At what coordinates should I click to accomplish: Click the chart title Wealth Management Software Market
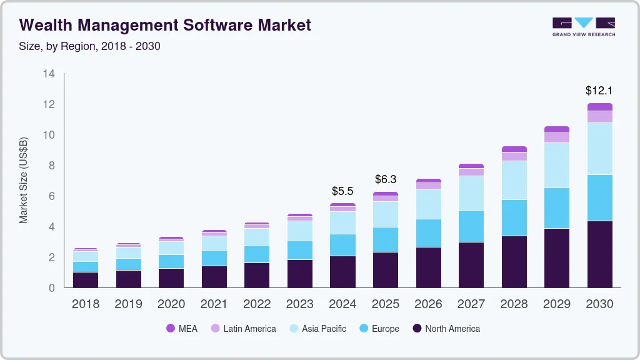pyautogui.click(x=165, y=25)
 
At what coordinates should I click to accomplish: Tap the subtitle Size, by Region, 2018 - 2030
pyautogui.click(x=90, y=46)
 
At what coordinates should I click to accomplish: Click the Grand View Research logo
pyautogui.click(x=583, y=26)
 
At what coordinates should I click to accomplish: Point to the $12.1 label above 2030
pyautogui.click(x=599, y=91)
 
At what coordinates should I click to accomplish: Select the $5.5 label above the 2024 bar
pyautogui.click(x=342, y=191)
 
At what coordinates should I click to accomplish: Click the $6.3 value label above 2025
pyautogui.click(x=386, y=179)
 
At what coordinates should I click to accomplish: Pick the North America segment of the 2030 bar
pyautogui.click(x=599, y=254)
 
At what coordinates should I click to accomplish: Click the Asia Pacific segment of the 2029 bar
pyautogui.click(x=557, y=165)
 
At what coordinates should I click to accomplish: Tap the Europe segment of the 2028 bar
pyautogui.click(x=514, y=217)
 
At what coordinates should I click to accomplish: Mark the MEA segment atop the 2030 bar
pyautogui.click(x=599, y=107)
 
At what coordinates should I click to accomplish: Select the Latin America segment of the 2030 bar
pyautogui.click(x=599, y=117)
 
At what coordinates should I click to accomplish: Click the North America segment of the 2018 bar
pyautogui.click(x=86, y=279)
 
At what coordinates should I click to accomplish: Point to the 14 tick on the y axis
pyautogui.click(x=49, y=74)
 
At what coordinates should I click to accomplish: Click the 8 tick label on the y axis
pyautogui.click(x=51, y=166)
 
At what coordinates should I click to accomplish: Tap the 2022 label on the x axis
pyautogui.click(x=257, y=304)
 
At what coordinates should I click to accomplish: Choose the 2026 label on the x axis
pyautogui.click(x=428, y=304)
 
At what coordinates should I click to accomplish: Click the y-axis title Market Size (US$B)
pyautogui.click(x=24, y=180)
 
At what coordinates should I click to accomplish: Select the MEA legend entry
pyautogui.click(x=182, y=329)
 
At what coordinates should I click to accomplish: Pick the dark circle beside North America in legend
pyautogui.click(x=416, y=329)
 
